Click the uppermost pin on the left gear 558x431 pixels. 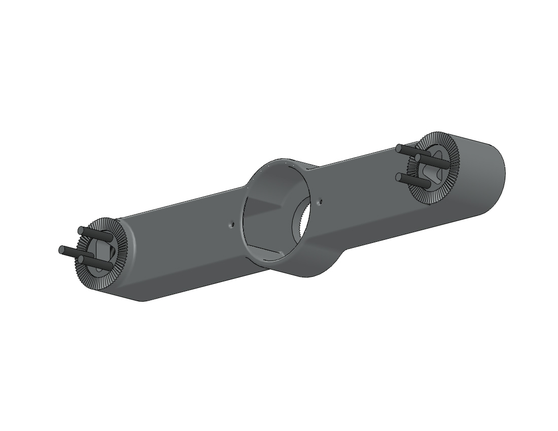click(96, 234)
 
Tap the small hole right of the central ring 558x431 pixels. click(320, 202)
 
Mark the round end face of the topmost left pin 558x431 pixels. click(80, 231)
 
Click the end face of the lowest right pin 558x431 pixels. click(399, 177)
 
